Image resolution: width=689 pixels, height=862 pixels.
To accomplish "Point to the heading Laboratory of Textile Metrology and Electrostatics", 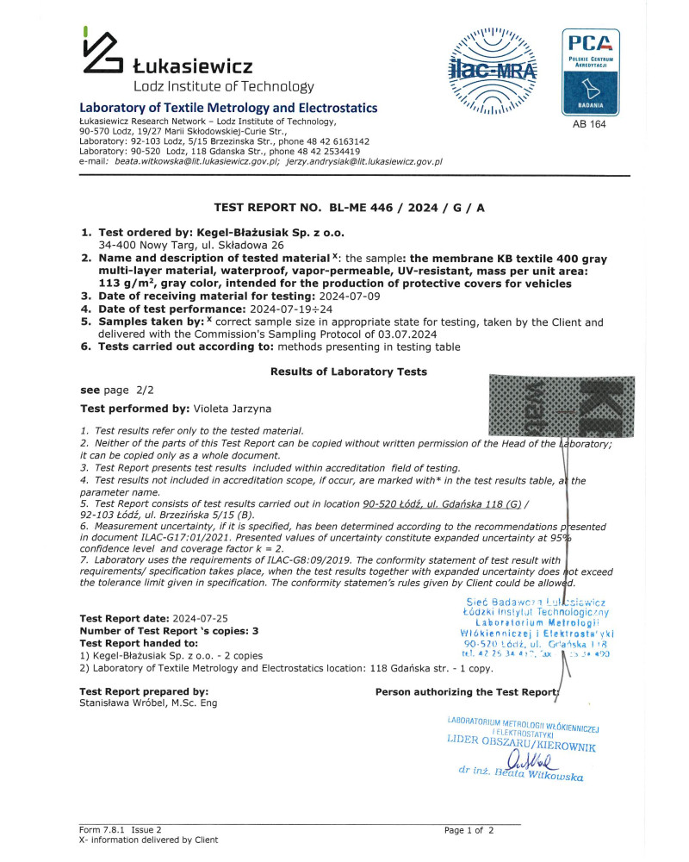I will click(x=228, y=109).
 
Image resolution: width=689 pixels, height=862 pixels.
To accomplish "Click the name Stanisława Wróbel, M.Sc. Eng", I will click(x=148, y=703).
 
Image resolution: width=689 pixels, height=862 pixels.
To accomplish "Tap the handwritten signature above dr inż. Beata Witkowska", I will click(x=530, y=760).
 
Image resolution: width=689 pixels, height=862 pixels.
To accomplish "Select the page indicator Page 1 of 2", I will click(x=469, y=830).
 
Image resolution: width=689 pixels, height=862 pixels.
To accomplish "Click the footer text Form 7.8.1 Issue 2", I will click(x=120, y=830).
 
